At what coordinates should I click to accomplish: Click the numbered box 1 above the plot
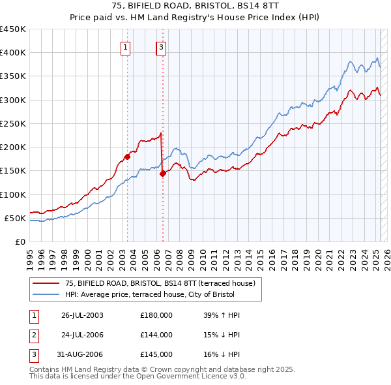point(124,46)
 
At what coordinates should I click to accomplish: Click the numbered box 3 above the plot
point(161,46)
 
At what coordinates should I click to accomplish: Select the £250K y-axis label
point(13,123)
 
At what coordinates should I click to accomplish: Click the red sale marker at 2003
point(128,157)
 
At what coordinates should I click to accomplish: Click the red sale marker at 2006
point(162,174)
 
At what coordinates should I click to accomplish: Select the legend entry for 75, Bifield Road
point(163,283)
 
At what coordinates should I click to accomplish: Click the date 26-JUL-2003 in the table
point(82,315)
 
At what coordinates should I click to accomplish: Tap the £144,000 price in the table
point(156,335)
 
